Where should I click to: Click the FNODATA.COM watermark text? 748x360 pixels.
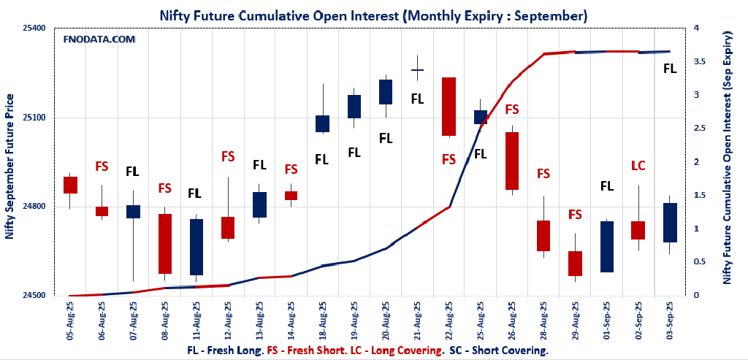(99, 39)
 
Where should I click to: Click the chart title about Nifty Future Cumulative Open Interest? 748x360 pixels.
(373, 15)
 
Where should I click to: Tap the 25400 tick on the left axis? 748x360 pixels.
(33, 28)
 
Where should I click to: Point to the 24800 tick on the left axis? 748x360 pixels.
(33, 207)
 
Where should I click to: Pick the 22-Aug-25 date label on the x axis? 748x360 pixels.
(449, 322)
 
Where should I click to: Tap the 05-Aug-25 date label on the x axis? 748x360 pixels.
(70, 322)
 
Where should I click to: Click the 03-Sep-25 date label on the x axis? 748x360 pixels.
(669, 322)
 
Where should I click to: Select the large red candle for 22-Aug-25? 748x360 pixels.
(449, 107)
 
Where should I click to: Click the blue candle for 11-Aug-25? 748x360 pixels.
(196, 247)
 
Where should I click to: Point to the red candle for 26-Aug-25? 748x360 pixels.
(511, 161)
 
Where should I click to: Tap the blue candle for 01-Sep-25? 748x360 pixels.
(606, 247)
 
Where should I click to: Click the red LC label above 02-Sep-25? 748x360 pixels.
(638, 166)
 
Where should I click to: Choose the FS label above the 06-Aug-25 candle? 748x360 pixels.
(102, 166)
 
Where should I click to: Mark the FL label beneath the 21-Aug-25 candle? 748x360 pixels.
(417, 99)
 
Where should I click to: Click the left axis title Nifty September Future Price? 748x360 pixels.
(9, 166)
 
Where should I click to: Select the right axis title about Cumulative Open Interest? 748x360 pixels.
(728, 157)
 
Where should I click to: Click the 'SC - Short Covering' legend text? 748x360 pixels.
(499, 351)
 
